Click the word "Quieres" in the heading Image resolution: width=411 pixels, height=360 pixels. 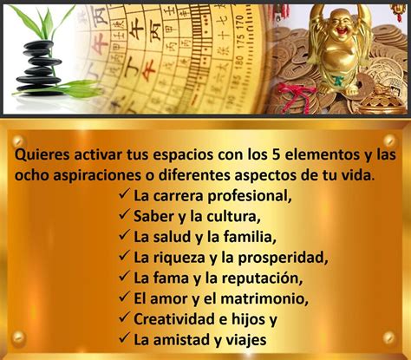point(42,154)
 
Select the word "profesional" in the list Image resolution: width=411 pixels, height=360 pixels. point(250,196)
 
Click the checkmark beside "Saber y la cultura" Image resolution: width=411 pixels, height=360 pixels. point(124,215)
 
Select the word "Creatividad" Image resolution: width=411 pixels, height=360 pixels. point(174,319)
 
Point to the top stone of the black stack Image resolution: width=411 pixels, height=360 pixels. point(38,45)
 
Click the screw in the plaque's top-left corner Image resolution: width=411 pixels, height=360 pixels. point(18,141)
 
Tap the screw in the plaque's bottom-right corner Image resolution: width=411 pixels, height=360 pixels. point(388,337)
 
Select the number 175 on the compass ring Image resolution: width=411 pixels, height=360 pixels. point(241,41)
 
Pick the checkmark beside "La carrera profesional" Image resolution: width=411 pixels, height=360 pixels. point(124,194)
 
